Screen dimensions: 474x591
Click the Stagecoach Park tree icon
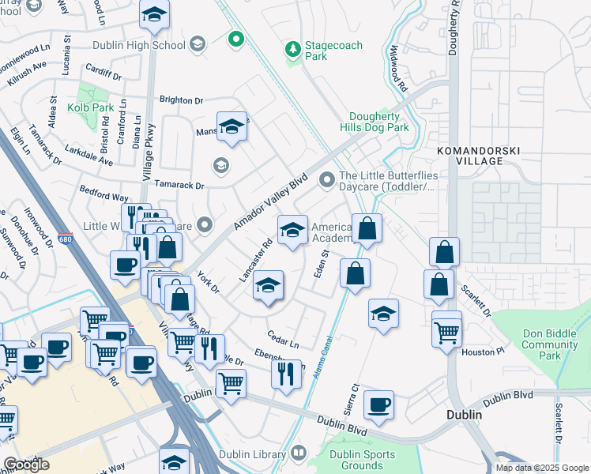(293, 51)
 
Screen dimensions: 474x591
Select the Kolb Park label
(91, 107)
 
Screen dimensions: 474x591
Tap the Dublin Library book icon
(298, 453)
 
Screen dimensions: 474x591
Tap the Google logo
(26, 465)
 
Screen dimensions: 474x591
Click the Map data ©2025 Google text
(543, 468)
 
